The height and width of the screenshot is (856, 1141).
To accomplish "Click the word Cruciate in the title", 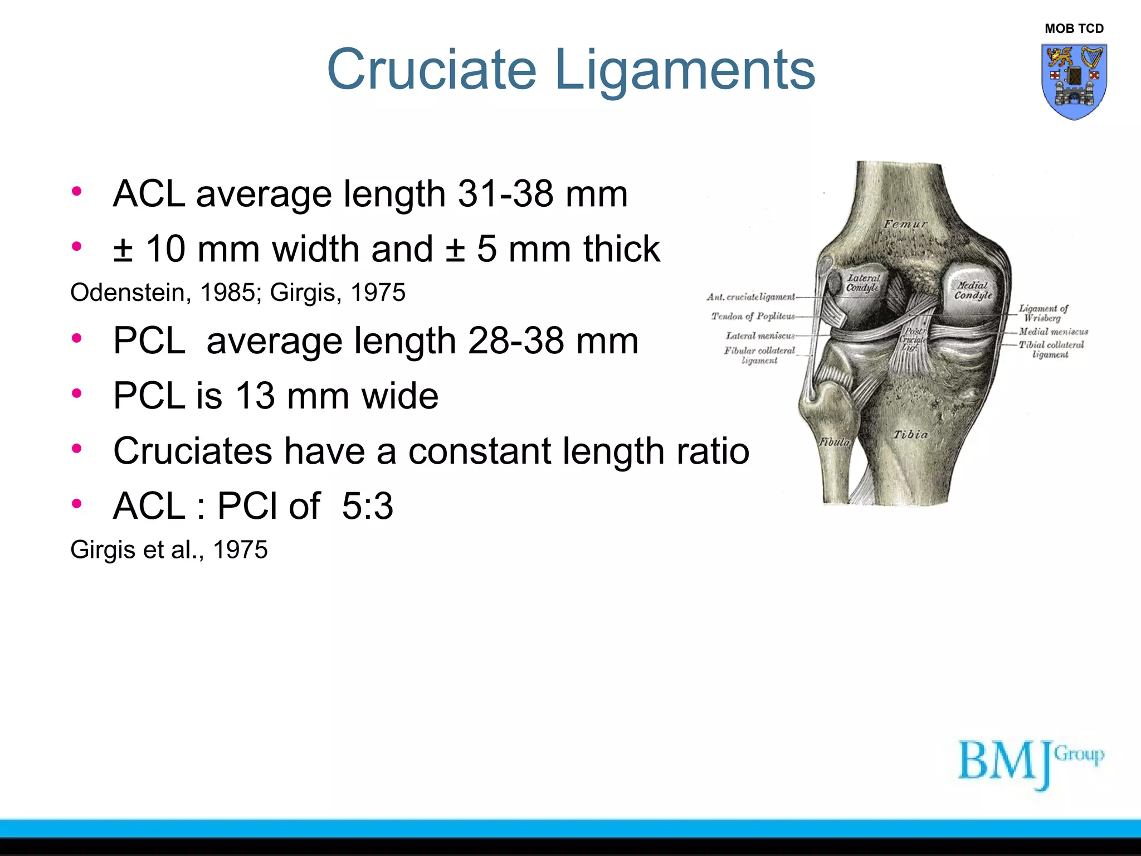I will pyautogui.click(x=431, y=70).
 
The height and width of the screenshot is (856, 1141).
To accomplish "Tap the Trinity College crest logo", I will pyautogui.click(x=1074, y=82).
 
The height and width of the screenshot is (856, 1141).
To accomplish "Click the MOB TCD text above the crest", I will pyautogui.click(x=1074, y=29).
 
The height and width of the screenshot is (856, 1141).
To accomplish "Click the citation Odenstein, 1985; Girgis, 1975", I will pyautogui.click(x=238, y=293).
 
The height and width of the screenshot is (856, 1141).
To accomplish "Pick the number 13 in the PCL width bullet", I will pyautogui.click(x=255, y=396).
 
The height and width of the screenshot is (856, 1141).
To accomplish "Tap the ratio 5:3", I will pyautogui.click(x=367, y=506).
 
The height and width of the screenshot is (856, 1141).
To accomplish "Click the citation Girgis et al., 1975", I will pyautogui.click(x=169, y=549).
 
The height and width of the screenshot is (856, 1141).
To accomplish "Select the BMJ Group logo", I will pyautogui.click(x=1030, y=763).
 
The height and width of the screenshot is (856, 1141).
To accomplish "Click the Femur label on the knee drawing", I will pyautogui.click(x=905, y=224).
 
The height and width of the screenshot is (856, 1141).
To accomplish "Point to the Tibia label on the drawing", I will pyautogui.click(x=911, y=435).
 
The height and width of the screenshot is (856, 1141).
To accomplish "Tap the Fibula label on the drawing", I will pyautogui.click(x=834, y=442).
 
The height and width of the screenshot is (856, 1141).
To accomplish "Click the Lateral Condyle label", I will pyautogui.click(x=863, y=283).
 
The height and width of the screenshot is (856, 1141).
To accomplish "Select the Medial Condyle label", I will pyautogui.click(x=973, y=290).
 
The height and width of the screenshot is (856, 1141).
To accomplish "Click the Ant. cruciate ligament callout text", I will pyautogui.click(x=751, y=297).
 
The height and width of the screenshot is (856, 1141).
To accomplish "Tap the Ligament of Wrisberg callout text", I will pyautogui.click(x=1043, y=313).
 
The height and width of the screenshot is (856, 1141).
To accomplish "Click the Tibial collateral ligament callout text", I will pyautogui.click(x=1051, y=349).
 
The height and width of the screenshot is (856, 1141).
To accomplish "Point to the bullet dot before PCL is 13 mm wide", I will pyautogui.click(x=77, y=393).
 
